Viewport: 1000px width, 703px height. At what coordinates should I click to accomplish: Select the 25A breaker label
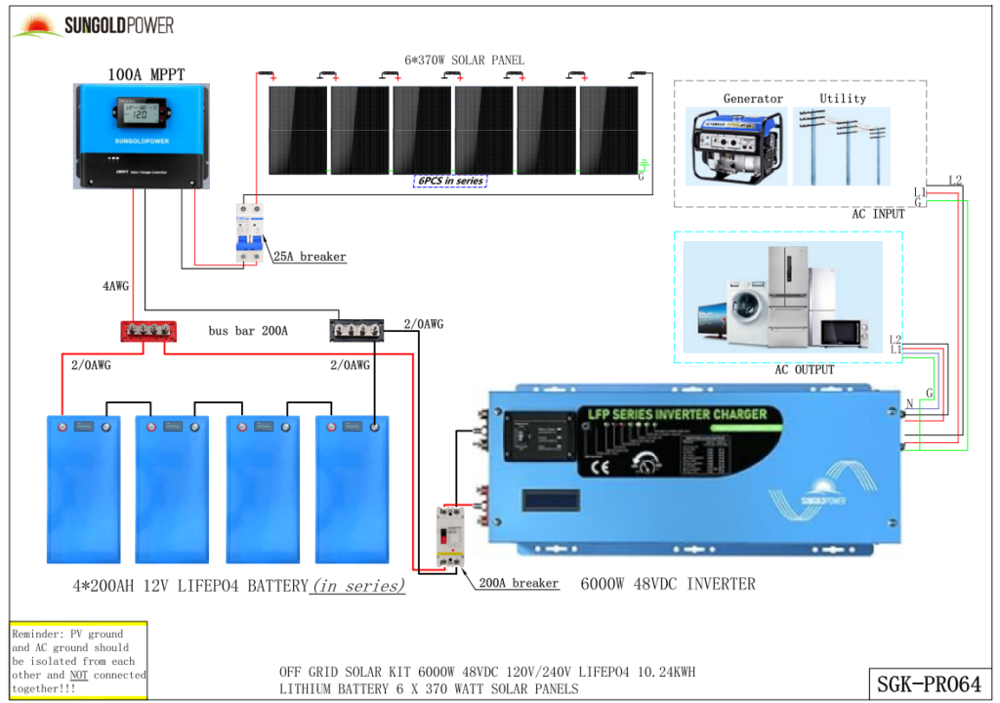pos(309,257)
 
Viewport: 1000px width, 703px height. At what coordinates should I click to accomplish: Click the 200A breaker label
pos(519,583)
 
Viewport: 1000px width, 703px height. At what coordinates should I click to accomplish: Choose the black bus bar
pos(355,331)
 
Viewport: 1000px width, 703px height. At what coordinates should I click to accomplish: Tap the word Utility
pos(843,99)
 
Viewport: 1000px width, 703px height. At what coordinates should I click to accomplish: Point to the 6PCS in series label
pos(449,181)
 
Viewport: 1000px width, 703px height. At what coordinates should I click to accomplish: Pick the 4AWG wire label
pos(115,287)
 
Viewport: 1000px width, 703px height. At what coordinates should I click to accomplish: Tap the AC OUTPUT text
pos(805,370)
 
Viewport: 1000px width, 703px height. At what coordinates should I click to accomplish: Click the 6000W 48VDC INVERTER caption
pos(668,584)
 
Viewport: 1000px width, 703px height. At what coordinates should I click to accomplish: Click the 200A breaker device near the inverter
pos(450,537)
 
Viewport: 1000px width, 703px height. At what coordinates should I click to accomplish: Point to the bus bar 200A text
pos(248,331)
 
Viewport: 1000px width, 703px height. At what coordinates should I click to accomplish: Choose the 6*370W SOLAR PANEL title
pos(464,61)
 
